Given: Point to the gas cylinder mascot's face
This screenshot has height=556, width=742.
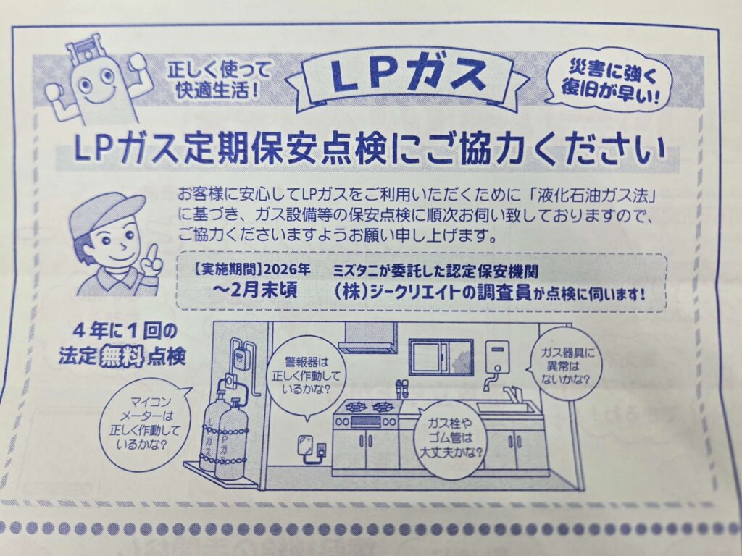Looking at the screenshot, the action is click(x=98, y=83).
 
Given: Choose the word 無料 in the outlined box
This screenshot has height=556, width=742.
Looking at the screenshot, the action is click(x=122, y=355).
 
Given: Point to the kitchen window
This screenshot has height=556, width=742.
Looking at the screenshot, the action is click(x=441, y=358).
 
